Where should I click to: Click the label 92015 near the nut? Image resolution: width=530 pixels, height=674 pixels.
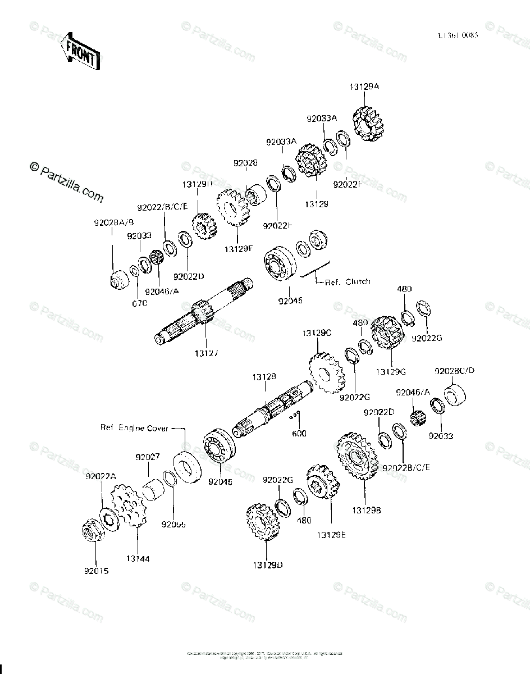(97, 571)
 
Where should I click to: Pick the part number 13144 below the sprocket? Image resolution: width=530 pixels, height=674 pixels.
(138, 559)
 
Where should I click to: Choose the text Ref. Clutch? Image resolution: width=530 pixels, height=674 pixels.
(348, 282)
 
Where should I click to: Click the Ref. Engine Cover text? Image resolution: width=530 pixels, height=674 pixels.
(134, 428)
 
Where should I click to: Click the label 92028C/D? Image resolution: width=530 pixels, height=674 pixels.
(454, 371)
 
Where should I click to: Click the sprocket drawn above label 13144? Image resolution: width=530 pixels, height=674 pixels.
(128, 506)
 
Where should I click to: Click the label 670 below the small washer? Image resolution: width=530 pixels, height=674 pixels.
(139, 303)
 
